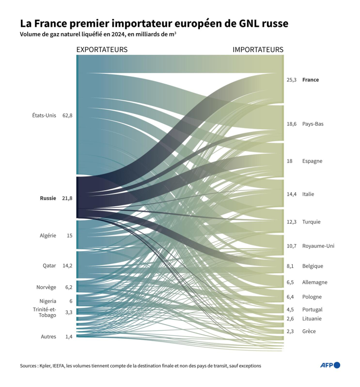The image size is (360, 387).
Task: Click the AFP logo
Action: pyautogui.click(x=330, y=365)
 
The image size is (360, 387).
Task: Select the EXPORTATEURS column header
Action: pyautogui.click(x=102, y=50)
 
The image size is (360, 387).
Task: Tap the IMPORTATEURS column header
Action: pyautogui.click(x=258, y=50)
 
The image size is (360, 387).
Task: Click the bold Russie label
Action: pyautogui.click(x=48, y=198)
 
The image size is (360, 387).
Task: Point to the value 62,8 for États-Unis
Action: pyautogui.click(x=67, y=115)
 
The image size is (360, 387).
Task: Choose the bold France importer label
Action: pyautogui.click(x=310, y=80)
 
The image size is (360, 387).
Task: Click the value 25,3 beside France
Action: pyautogui.click(x=291, y=80)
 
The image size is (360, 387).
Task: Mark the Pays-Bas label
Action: pyautogui.click(x=313, y=124)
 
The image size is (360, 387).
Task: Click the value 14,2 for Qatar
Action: pyautogui.click(x=67, y=266)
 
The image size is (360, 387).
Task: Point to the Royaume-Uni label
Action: pyautogui.click(x=318, y=246)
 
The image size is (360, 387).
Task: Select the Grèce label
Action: pyautogui.click(x=309, y=331)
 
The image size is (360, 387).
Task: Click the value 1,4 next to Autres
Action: pyautogui.click(x=69, y=336)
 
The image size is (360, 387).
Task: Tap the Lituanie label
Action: pyautogui.click(x=312, y=318)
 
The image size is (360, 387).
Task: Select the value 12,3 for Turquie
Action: pyautogui.click(x=291, y=222)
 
